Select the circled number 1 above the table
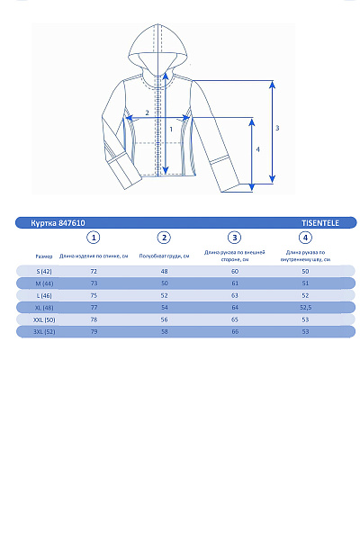coord(94,238)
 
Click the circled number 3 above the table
coord(235,238)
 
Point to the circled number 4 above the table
coord(305,238)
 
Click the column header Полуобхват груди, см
coord(164,256)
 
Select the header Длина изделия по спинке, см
coord(94,256)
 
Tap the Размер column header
coord(44,256)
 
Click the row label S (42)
coord(44,271)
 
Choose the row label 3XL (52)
coord(44,332)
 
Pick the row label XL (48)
coord(44,308)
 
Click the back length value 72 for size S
coord(94,271)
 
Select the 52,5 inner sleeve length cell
coord(305,308)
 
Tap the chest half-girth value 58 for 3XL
coord(164,332)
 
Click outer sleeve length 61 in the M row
coord(235,283)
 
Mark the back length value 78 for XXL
coord(94,319)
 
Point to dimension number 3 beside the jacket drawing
coord(277,128)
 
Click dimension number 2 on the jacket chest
coord(148,113)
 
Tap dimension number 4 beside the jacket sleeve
coord(258,149)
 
